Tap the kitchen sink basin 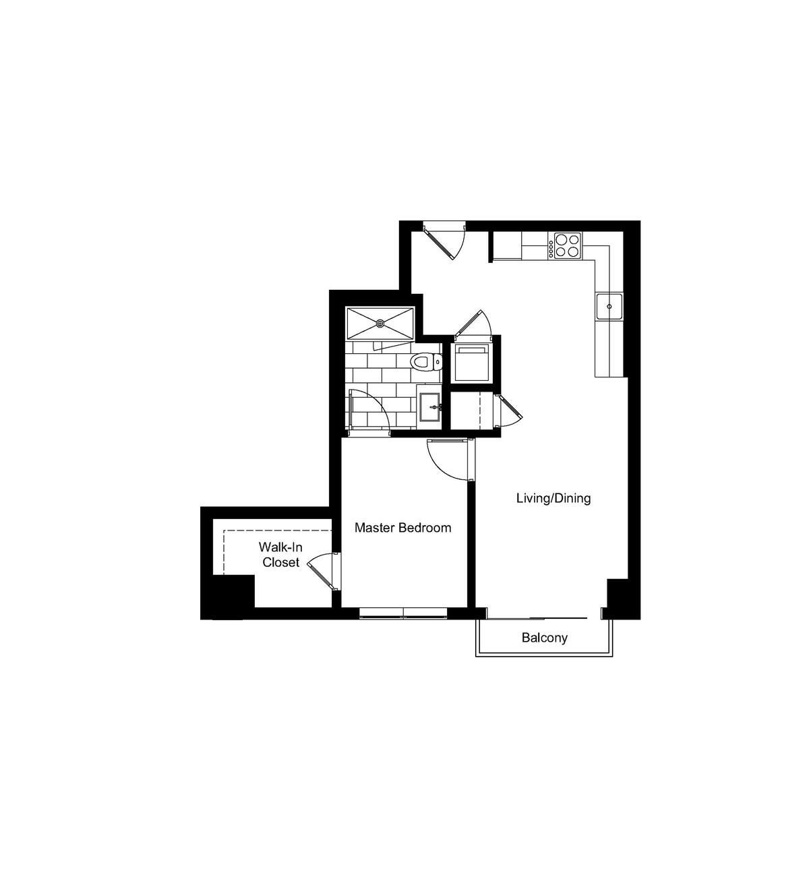(609, 307)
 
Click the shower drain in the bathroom (380, 323)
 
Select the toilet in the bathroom (423, 363)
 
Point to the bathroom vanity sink (430, 407)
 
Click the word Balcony (545, 638)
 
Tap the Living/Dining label (553, 499)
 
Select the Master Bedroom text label (403, 528)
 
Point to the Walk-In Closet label (280, 555)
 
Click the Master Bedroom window (403, 613)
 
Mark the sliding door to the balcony (537, 617)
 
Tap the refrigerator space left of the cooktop (507, 245)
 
